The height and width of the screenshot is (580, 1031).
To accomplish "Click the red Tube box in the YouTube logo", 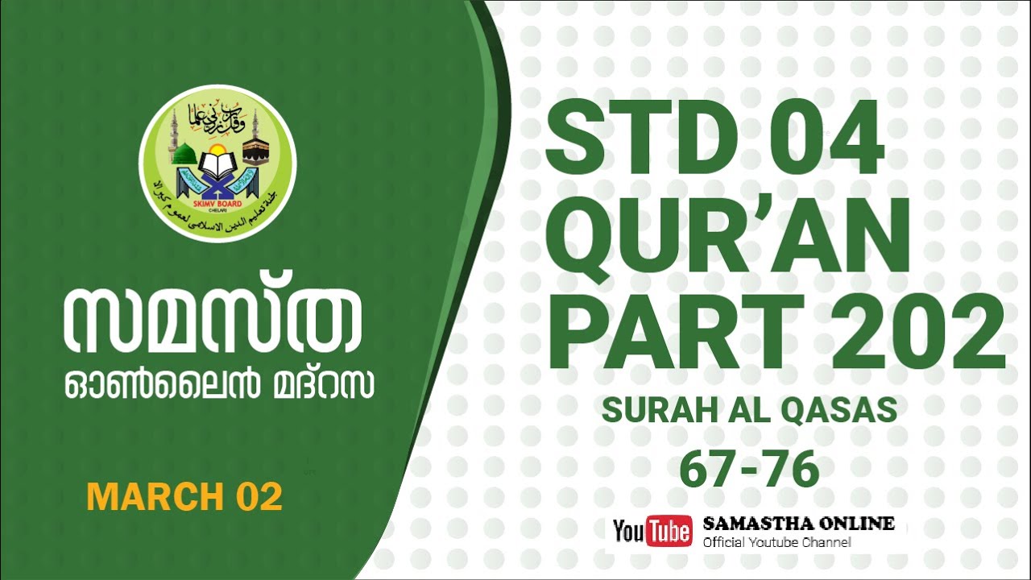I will pos(669,531).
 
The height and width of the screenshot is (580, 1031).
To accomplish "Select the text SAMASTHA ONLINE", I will pos(798,524).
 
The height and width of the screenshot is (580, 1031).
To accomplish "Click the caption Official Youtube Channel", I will pos(776,542).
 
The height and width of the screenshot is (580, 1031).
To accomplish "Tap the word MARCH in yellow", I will pos(144,496).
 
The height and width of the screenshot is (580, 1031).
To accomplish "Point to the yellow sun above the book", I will pos(217,151).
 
